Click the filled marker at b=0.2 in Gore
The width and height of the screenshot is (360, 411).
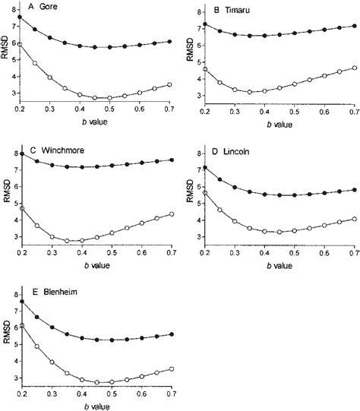(20, 17)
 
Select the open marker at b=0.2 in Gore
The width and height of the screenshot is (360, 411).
(20, 45)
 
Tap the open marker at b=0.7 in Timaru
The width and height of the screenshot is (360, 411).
(354, 68)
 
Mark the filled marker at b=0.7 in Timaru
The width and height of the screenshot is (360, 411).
(354, 26)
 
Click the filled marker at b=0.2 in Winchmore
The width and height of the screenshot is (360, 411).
(21, 154)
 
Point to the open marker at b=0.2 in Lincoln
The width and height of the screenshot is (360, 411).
(204, 193)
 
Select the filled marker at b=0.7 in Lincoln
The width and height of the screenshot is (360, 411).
(354, 190)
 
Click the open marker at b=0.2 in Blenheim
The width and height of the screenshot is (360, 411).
(21, 325)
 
